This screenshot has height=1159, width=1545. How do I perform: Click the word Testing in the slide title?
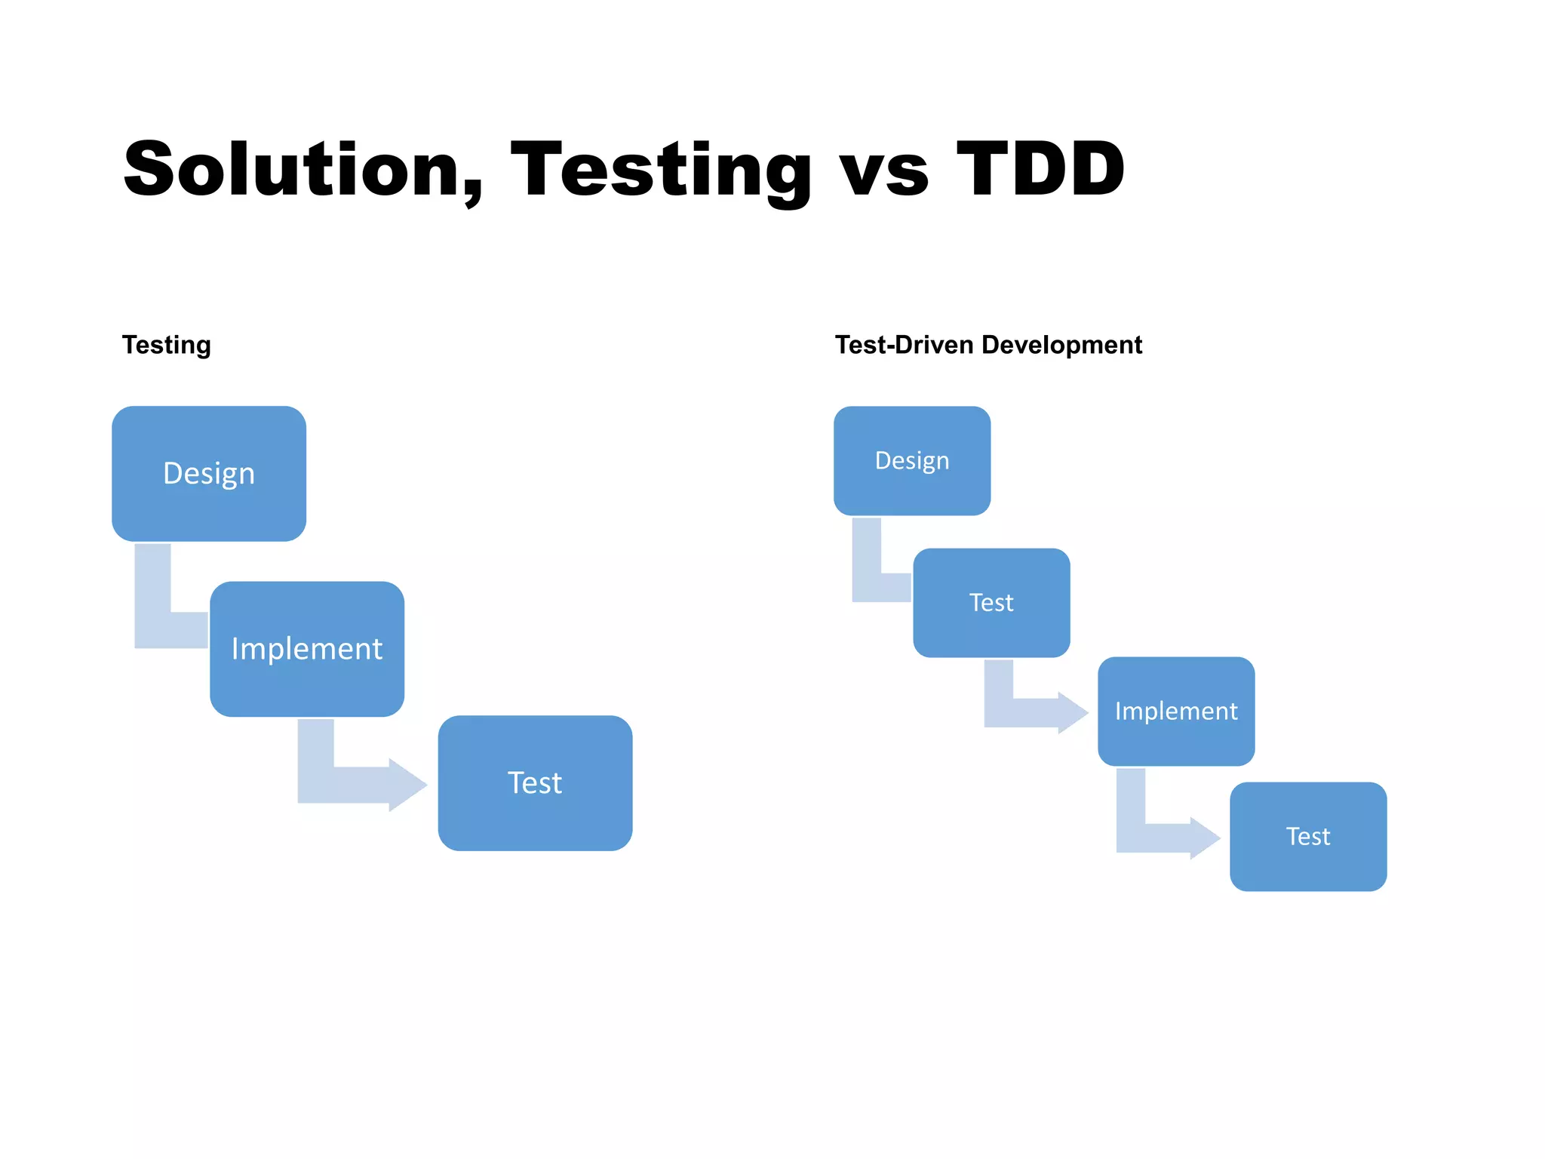click(x=662, y=170)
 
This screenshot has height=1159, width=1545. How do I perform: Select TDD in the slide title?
click(x=1040, y=170)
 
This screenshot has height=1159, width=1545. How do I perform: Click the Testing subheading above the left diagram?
click(x=167, y=345)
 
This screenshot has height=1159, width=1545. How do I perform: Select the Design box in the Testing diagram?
click(x=209, y=474)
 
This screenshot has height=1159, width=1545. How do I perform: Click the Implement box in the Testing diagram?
click(x=307, y=649)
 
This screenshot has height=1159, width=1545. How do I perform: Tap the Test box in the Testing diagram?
click(x=535, y=783)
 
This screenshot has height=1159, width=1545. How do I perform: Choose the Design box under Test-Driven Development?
click(x=912, y=461)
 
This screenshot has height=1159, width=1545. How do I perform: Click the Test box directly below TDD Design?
click(x=991, y=603)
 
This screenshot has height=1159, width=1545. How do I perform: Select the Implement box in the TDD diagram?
click(x=1176, y=712)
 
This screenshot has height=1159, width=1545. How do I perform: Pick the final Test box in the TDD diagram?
click(x=1308, y=837)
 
